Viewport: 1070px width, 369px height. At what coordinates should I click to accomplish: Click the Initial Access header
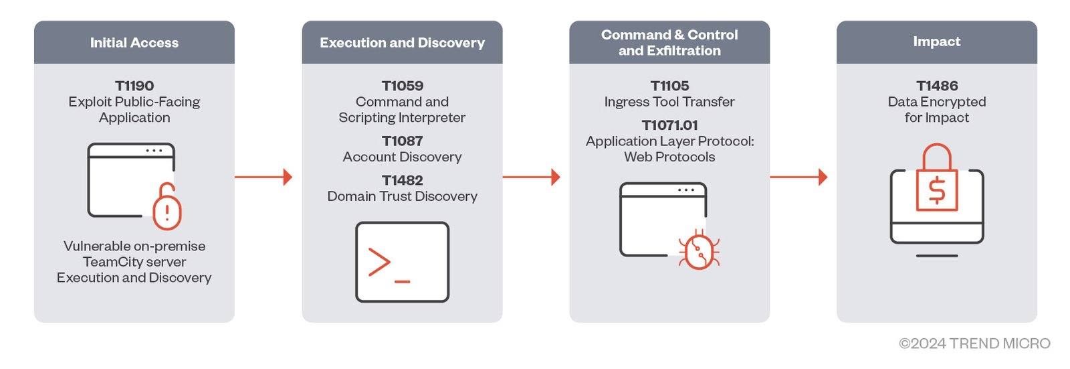[x=134, y=43]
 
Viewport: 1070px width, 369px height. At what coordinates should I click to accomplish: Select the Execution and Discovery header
[x=402, y=43]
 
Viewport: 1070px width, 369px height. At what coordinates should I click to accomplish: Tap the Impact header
[x=936, y=42]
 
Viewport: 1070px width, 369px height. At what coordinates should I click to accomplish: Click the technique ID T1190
[x=134, y=86]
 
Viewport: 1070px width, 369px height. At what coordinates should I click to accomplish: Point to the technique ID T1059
[x=402, y=86]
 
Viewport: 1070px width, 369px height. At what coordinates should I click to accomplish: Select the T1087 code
[x=402, y=141]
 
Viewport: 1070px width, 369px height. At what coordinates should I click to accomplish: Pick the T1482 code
[x=402, y=180]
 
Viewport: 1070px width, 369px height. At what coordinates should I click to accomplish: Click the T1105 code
[x=669, y=86]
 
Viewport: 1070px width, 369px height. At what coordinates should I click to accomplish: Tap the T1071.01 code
[x=669, y=125]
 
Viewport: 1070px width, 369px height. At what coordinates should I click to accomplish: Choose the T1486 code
[x=936, y=86]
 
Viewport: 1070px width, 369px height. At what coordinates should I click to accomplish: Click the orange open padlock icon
[x=167, y=207]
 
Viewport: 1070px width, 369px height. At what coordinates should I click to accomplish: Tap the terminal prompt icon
[x=402, y=262]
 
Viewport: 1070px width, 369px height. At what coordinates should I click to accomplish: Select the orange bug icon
[x=700, y=250]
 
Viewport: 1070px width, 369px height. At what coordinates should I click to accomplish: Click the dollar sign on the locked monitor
[x=937, y=190]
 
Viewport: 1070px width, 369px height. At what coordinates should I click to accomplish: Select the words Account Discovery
[x=402, y=157]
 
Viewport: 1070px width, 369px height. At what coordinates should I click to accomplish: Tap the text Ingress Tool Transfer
[x=669, y=102]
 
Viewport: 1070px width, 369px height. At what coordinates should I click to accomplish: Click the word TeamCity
[x=110, y=262]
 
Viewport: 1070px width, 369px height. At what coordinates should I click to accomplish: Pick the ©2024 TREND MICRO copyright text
[x=974, y=344]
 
